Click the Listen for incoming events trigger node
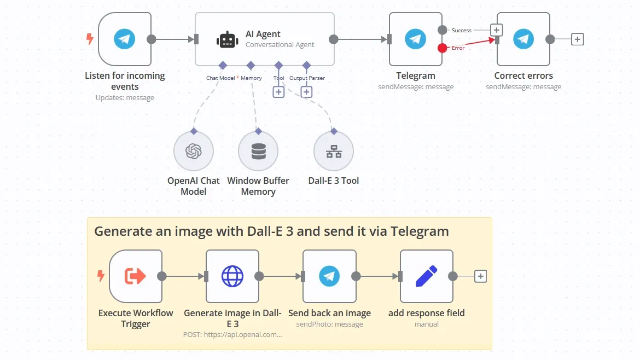coord(125,39)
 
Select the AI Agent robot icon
coord(227,39)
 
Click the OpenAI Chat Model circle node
coord(193,151)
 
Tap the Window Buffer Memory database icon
coord(258,151)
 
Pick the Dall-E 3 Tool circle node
coord(334,151)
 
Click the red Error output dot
coord(442,48)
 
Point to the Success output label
coord(461,31)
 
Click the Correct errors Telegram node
coord(523,39)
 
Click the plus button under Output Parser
coord(306,92)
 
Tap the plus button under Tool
coord(278,92)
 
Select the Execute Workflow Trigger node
coord(136,276)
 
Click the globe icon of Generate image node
coord(232,276)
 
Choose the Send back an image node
coord(329,276)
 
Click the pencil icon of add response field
coord(426,276)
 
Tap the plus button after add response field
coord(480,276)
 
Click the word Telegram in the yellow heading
coord(420,231)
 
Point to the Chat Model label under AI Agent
coord(220,78)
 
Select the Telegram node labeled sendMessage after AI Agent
coord(416,39)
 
